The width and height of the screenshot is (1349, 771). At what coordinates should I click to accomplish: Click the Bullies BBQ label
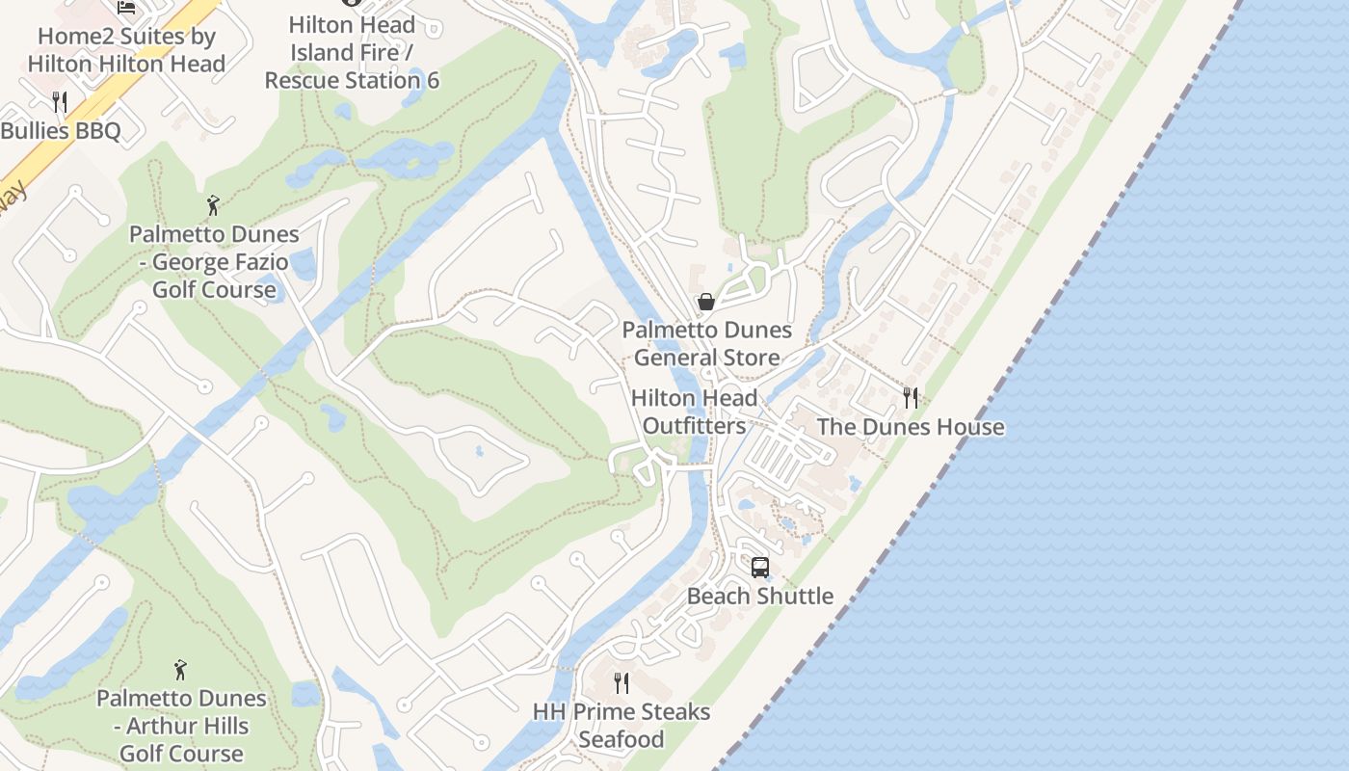(x=61, y=131)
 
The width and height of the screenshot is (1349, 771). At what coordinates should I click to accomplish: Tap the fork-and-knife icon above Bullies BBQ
(x=60, y=101)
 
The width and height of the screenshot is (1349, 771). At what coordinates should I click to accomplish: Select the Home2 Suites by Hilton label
(x=126, y=50)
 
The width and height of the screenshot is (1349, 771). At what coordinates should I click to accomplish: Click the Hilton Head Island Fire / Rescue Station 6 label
(x=352, y=52)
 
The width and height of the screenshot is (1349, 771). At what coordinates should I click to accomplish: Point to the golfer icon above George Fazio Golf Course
(x=213, y=205)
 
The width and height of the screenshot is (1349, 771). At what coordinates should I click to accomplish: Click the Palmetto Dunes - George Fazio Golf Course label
(x=214, y=261)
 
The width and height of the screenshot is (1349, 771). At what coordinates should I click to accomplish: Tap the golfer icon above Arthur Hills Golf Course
(x=180, y=670)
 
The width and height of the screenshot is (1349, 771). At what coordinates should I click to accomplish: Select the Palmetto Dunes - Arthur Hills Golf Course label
(x=181, y=725)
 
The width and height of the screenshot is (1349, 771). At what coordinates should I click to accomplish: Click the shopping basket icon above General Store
(x=706, y=302)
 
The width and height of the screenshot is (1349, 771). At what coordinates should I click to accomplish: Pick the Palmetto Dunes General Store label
(x=707, y=343)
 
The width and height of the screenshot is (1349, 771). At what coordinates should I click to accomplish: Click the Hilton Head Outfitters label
(x=694, y=412)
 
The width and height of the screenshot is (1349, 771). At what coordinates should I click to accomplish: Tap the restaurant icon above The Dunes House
(x=911, y=397)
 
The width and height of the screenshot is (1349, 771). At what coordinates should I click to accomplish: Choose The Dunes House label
(x=911, y=427)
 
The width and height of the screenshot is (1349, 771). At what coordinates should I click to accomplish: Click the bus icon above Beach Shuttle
(x=760, y=567)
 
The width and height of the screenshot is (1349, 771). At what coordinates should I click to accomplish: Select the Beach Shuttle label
(x=760, y=596)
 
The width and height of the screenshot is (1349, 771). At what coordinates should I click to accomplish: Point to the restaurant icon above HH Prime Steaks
(x=622, y=683)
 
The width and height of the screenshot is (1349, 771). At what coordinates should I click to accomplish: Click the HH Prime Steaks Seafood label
(x=622, y=725)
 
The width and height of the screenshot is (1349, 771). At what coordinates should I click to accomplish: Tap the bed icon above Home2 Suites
(x=126, y=7)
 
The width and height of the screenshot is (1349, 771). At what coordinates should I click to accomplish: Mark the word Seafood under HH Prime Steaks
(x=622, y=739)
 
